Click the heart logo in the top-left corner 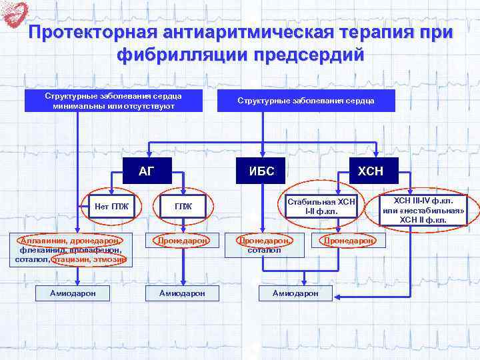(x=15, y=14)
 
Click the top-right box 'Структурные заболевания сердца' (x=307, y=101)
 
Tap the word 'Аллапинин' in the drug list (x=42, y=241)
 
